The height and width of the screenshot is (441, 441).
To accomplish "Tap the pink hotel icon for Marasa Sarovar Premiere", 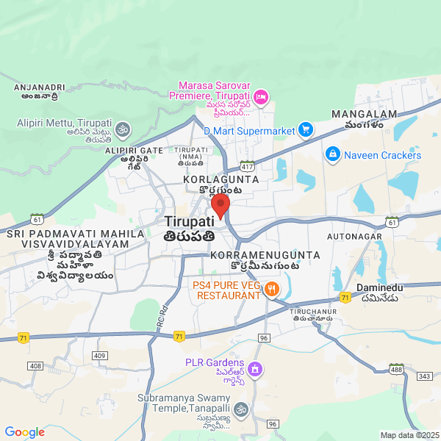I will pos(261,96).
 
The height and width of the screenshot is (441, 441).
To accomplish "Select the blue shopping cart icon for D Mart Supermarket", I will pos(306,130).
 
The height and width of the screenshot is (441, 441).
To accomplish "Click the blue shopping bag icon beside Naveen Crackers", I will pos(332,154).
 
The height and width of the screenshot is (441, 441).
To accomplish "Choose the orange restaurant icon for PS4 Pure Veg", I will pos(272,290).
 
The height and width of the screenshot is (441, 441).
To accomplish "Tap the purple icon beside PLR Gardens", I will pos(255,367).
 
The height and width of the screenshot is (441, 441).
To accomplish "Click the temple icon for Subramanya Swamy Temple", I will pos(242,409).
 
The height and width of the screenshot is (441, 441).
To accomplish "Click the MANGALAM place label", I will pos(364,115).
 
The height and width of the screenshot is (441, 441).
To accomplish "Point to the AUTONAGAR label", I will pos(355,237).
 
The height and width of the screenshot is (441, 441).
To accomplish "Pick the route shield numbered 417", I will pos(247,166).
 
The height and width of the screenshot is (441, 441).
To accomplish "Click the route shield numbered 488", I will pos(397,367).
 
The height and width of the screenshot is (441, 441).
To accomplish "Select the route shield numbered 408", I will pos(35,365).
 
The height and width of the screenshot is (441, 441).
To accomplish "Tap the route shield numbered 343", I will pos(423,376).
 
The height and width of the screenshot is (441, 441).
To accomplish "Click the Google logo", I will pos(25,432).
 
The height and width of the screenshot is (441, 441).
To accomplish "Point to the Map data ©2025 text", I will pos(409,435).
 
